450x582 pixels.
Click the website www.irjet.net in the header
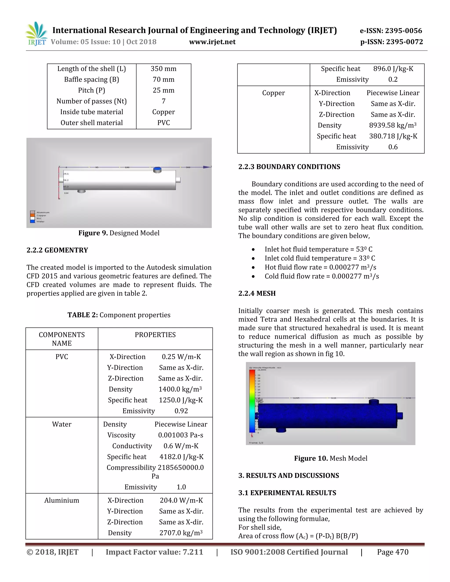[212, 42]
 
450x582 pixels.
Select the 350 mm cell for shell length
[163, 69]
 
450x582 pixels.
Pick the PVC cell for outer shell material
[163, 123]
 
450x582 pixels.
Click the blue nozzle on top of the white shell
[157, 170]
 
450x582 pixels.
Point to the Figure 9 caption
[119, 233]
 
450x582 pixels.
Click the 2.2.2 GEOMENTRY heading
[57, 250]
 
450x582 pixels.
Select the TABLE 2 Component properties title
[119, 315]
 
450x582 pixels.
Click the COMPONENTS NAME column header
[62, 339]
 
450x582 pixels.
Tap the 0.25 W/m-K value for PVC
[181, 357]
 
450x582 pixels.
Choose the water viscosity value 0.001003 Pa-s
[180, 435]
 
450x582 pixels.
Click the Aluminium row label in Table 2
[62, 501]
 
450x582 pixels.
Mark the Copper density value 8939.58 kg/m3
[392, 125]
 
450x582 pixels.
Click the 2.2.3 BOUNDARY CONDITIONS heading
[289, 167]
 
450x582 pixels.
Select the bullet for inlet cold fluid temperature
[253, 258]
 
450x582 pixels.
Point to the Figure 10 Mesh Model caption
[330, 458]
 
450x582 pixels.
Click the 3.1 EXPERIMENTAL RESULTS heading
[287, 493]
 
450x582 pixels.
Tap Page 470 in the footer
[392, 552]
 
